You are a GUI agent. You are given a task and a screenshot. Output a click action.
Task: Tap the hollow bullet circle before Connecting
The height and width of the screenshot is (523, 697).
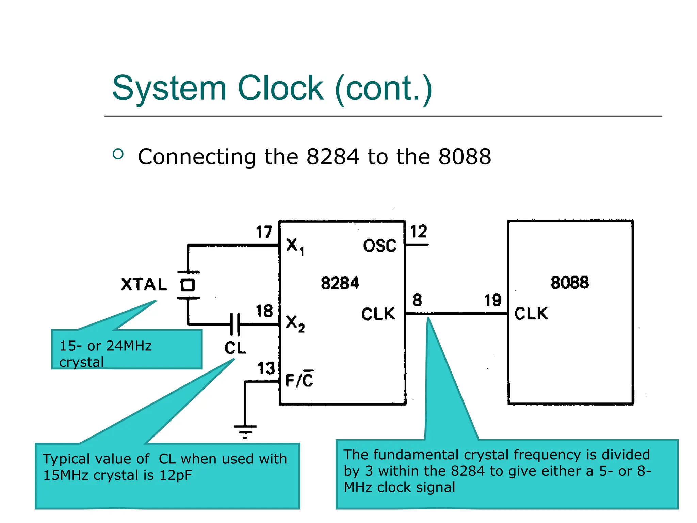point(118,154)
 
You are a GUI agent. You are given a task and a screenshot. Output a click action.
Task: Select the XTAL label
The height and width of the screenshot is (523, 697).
point(144,284)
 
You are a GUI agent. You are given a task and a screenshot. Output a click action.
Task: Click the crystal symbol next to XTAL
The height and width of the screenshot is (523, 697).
point(188,285)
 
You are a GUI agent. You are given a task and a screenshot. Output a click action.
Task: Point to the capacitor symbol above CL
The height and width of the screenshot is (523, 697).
point(235,324)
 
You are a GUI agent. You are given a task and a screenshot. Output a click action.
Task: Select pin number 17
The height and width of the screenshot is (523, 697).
point(264,232)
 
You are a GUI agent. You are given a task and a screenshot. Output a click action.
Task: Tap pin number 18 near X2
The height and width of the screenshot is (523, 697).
point(264,311)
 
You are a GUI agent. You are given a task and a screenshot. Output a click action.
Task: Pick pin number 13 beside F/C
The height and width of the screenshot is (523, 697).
point(266,368)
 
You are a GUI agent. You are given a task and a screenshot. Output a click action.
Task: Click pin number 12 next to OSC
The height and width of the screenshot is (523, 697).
point(418,232)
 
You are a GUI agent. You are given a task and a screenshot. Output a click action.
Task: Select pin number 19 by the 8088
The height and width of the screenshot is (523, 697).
point(493,300)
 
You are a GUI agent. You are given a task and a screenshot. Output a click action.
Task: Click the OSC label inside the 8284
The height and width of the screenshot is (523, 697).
point(380,245)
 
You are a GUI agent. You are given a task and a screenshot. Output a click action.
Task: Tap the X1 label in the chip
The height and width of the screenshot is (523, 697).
point(295,246)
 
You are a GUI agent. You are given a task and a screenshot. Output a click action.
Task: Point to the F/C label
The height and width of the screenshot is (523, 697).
point(299,380)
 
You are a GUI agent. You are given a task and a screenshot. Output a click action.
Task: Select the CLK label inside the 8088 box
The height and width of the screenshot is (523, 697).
point(531,314)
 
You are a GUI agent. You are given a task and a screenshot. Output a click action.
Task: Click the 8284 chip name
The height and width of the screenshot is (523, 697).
point(340,283)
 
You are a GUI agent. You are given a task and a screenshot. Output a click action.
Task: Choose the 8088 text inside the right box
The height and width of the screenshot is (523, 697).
point(570,283)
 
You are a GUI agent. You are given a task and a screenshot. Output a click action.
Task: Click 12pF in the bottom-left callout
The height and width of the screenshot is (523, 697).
point(176,475)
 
